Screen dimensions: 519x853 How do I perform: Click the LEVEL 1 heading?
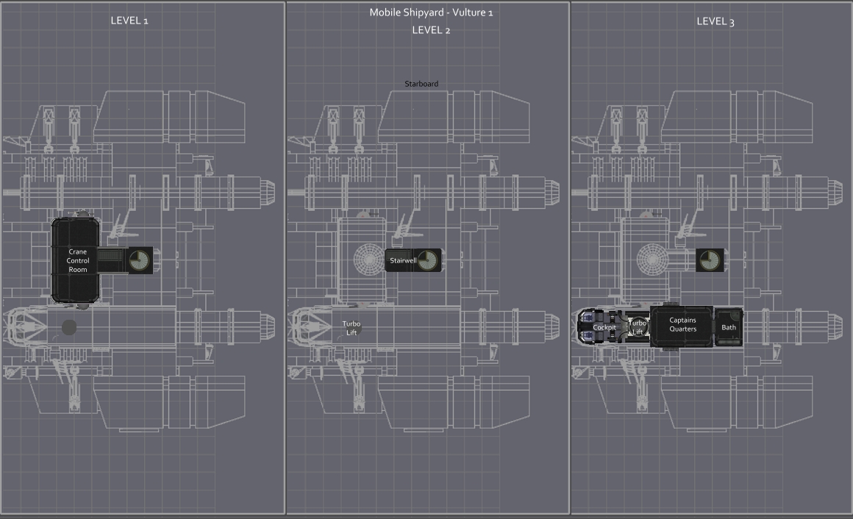pyautogui.click(x=129, y=21)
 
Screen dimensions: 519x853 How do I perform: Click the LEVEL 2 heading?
pyautogui.click(x=431, y=30)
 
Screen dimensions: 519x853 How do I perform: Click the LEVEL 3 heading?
pyautogui.click(x=715, y=21)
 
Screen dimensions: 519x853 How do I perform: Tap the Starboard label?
pyautogui.click(x=421, y=84)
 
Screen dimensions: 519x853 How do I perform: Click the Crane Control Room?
pyautogui.click(x=76, y=260)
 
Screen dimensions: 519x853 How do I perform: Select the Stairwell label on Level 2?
pyautogui.click(x=403, y=260)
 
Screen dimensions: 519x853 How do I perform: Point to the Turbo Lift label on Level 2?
pyautogui.click(x=351, y=328)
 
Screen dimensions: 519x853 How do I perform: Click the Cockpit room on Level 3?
pyautogui.click(x=604, y=327)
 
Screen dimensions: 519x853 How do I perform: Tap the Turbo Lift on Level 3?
pyautogui.click(x=638, y=327)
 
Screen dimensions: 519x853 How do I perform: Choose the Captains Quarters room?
pyautogui.click(x=682, y=325)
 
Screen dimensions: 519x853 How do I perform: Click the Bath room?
pyautogui.click(x=729, y=327)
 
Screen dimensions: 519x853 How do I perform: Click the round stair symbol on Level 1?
pyautogui.click(x=140, y=260)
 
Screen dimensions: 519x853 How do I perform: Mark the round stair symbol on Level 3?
pyautogui.click(x=710, y=260)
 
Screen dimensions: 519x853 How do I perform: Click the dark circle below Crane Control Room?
pyautogui.click(x=69, y=327)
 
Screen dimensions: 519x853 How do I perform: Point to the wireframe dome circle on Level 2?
pyautogui.click(x=369, y=259)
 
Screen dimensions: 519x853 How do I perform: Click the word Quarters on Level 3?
pyautogui.click(x=683, y=329)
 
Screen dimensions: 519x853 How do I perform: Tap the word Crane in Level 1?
pyautogui.click(x=77, y=252)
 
